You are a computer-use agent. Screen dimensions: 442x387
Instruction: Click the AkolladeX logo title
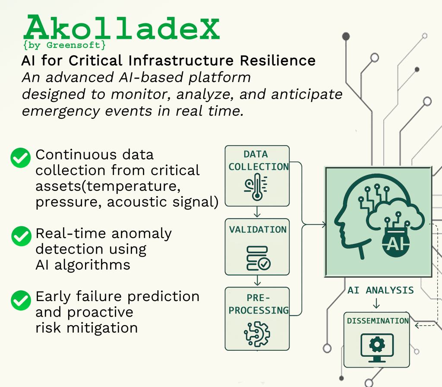point(121,27)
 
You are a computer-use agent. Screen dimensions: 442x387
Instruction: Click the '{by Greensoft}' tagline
point(65,45)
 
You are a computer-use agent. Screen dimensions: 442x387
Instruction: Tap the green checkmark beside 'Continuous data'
point(21,158)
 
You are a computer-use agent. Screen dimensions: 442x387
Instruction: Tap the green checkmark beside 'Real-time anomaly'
point(22,236)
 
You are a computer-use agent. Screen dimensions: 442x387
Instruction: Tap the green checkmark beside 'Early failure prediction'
point(21,301)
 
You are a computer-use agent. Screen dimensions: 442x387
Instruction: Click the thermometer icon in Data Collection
point(256,187)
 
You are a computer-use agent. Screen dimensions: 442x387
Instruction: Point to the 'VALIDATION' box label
point(258,230)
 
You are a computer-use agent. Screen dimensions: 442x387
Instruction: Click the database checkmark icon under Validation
point(258,258)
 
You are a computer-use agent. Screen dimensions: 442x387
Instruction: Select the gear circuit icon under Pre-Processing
point(257,334)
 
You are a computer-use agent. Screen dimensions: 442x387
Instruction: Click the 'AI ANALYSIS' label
point(381,290)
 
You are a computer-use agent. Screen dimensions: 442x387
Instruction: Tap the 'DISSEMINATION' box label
point(378,321)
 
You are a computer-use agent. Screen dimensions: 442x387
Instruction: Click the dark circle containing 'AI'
point(396,243)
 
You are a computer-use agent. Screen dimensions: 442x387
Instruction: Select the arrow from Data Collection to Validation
point(257,212)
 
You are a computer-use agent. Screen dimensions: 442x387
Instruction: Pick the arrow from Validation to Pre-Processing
point(257,280)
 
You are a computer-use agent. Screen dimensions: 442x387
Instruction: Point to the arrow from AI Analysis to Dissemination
point(376,303)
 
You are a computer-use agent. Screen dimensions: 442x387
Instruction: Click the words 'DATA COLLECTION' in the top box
point(259,161)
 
